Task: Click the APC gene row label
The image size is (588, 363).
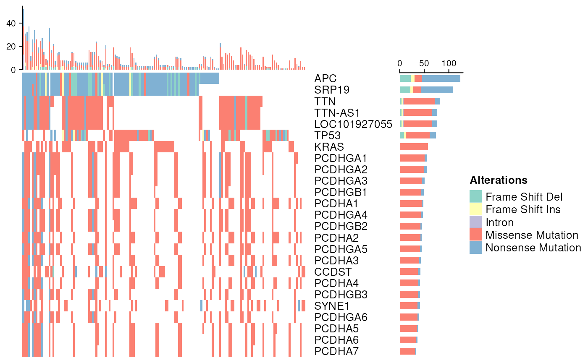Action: point(325,78)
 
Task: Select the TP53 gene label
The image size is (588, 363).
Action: point(327,136)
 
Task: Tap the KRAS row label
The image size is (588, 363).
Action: point(329,147)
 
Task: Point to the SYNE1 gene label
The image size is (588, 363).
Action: point(331,306)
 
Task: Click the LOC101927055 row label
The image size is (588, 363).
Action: point(353,124)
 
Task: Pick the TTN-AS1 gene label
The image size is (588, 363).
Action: point(337,113)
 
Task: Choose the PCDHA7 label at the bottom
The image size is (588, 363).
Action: point(336,351)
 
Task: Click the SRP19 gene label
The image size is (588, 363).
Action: point(332,90)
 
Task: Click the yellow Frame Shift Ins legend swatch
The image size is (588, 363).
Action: point(476,209)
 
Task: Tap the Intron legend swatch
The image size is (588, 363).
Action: point(476,222)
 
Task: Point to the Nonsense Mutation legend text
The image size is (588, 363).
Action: point(533,248)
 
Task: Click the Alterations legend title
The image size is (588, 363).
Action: point(499,180)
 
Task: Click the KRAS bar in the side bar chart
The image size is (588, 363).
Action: point(414,147)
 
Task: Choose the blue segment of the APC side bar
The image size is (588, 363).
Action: point(441,78)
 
